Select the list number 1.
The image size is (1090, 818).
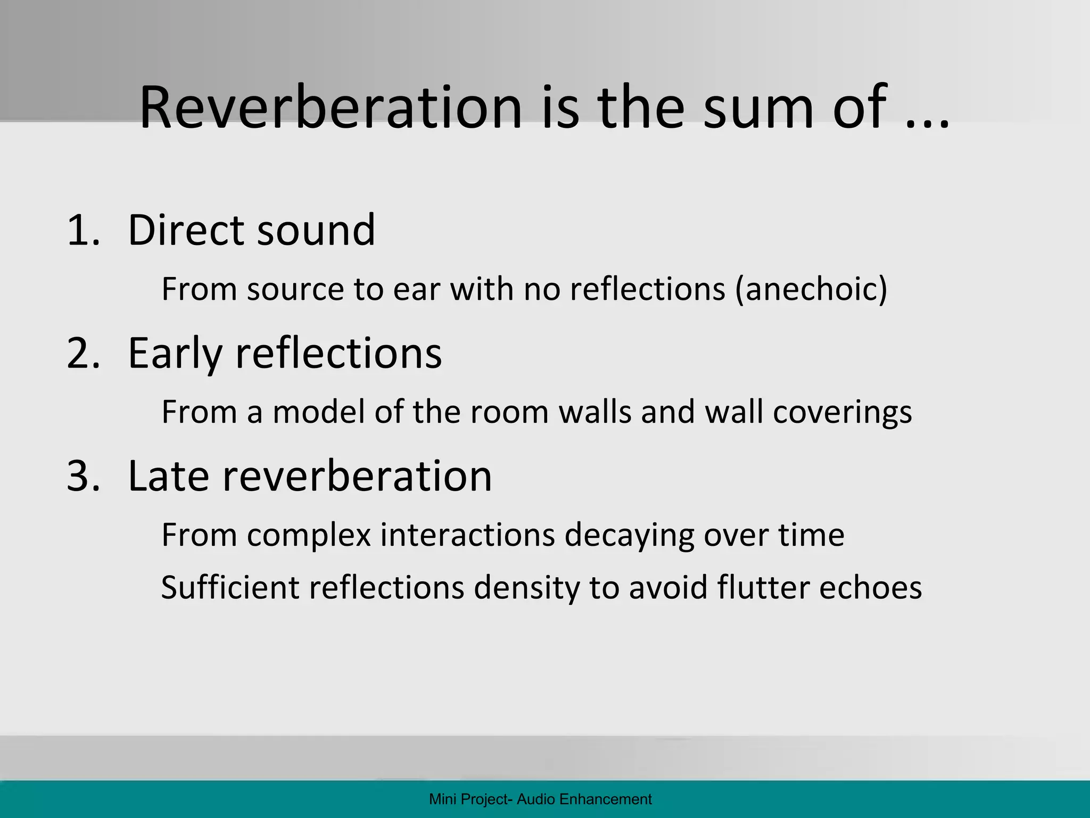tap(82, 230)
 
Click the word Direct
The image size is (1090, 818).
tap(186, 230)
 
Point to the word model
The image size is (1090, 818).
tap(319, 412)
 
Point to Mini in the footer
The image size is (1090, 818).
tap(440, 799)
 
